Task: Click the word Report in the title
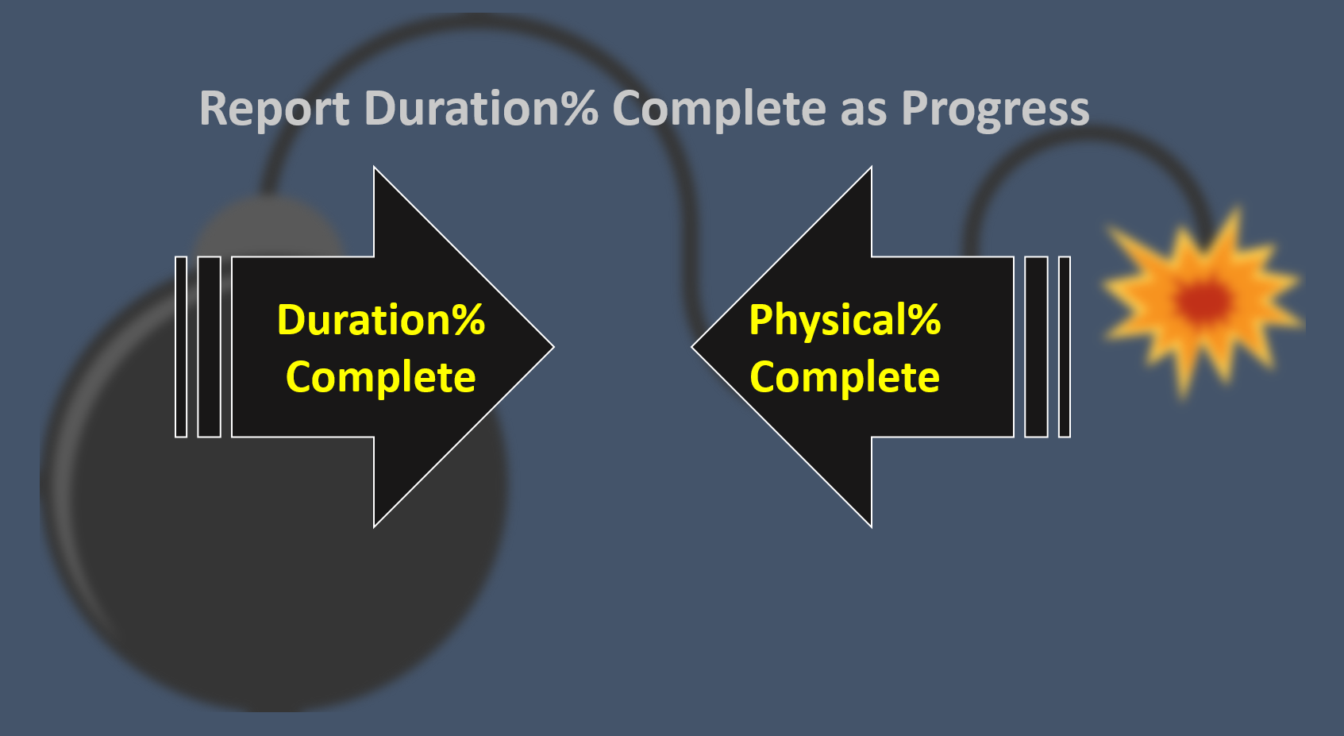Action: click(274, 109)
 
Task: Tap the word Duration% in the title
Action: click(480, 109)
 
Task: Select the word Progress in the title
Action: click(995, 109)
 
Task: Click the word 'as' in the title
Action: click(862, 109)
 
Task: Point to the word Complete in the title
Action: click(719, 109)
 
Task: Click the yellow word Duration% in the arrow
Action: click(381, 320)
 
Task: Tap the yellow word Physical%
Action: click(845, 320)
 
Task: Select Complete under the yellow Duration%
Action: click(381, 376)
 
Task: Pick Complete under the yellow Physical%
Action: click(845, 376)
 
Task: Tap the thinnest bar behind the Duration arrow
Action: click(181, 347)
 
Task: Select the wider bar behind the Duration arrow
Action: click(209, 347)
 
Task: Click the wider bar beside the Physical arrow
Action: click(1036, 347)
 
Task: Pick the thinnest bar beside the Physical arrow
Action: click(1065, 347)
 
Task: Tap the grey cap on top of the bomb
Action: click(270, 230)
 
